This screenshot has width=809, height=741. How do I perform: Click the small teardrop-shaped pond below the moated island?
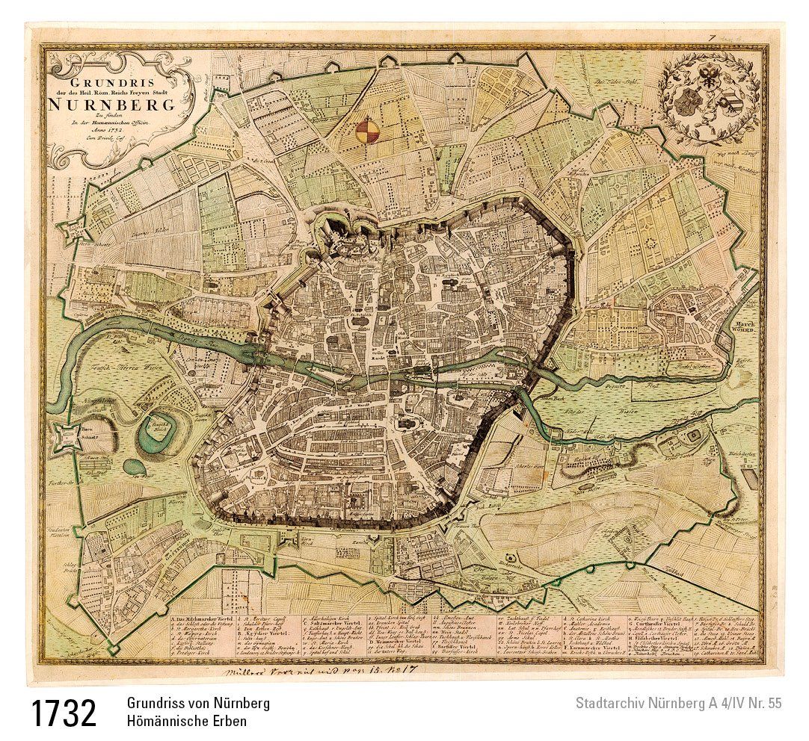click(136, 467)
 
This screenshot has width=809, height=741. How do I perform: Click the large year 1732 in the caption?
click(64, 713)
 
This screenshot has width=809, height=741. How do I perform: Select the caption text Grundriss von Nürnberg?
click(198, 703)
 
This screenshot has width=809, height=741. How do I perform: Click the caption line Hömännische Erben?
click(186, 722)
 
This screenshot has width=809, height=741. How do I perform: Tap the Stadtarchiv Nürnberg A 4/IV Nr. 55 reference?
click(678, 703)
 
